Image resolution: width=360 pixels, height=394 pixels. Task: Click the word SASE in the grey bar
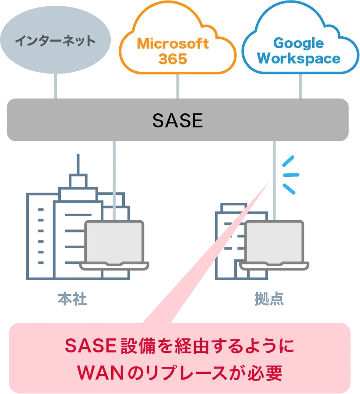(178, 121)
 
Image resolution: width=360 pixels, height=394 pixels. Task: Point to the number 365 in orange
(173, 59)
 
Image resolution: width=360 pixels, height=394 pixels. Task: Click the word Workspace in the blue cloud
(299, 59)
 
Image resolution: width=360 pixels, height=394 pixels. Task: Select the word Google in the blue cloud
(298, 43)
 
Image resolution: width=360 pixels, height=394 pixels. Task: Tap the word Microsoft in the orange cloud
(173, 43)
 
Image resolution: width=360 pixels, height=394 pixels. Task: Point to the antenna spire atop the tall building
(78, 164)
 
